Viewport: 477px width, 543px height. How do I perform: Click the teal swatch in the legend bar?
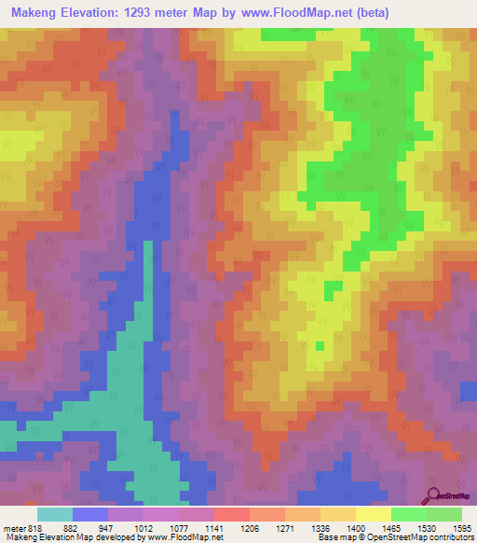(55, 514)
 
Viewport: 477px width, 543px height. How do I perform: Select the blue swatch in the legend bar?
(90, 514)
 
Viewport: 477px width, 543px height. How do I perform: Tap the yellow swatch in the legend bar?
(373, 514)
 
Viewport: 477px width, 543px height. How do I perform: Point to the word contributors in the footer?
(450, 536)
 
